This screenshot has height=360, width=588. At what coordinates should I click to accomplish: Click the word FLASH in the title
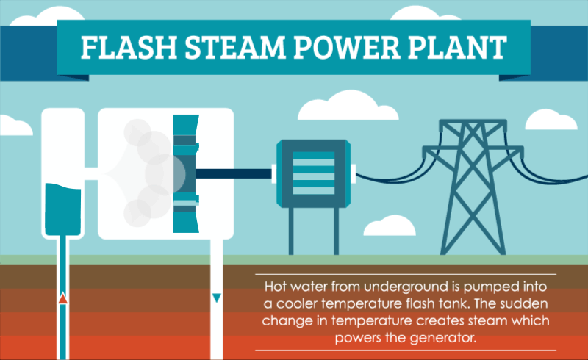129,47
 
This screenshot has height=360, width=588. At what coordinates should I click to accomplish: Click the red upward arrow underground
63,298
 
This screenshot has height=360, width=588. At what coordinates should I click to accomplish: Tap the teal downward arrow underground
217,298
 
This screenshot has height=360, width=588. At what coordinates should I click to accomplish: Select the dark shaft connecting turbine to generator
233,173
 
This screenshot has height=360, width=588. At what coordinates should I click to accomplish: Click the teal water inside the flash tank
63,209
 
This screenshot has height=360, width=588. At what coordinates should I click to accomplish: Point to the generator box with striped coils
314,173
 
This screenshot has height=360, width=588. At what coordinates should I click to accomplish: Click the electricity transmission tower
473,187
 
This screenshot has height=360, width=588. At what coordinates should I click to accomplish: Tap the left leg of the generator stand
291,231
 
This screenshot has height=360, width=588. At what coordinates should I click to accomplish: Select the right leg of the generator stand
337,231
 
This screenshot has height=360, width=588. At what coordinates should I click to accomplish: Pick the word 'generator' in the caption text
443,338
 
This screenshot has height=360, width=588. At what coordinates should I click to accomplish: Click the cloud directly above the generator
348,105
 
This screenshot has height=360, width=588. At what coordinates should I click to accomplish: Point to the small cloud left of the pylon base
390,226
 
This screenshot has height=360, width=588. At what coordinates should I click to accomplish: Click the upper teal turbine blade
186,135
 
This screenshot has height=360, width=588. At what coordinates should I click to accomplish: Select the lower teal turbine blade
186,212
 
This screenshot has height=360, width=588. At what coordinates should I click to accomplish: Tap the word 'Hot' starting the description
276,287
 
